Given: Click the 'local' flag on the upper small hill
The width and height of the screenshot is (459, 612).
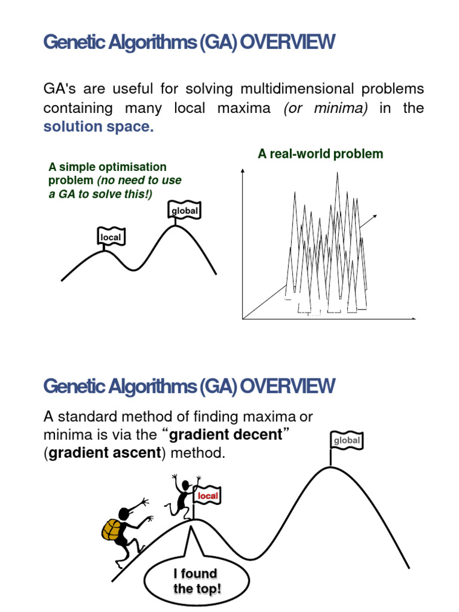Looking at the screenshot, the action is coord(111,237).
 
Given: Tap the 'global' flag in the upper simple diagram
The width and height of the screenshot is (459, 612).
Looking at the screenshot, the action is coord(185,211).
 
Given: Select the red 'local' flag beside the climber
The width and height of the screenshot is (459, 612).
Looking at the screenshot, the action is coord(208,496).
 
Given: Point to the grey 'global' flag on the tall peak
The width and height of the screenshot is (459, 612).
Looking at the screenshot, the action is coord(347,440).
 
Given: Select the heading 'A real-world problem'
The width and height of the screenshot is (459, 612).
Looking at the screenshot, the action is coord(320,154).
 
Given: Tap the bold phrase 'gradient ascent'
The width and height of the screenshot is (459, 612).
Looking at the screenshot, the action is coord(105,453).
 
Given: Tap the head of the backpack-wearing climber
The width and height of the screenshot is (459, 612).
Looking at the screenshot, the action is coord(125,513).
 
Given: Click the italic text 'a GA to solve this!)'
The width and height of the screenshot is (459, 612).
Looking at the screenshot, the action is coord(100,193).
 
